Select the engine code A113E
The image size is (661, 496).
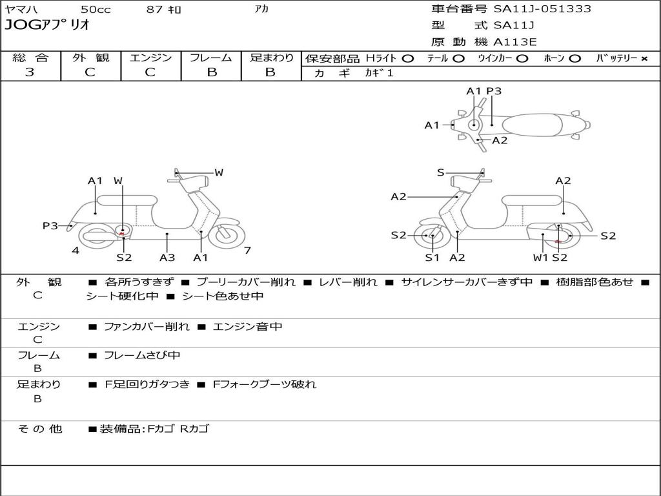coord(515,42)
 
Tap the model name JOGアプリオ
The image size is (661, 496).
coord(47,25)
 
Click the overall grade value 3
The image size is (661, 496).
coord(30,72)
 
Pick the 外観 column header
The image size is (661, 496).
coord(90,57)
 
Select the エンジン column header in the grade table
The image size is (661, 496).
coord(150,57)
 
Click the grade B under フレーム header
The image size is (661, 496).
coord(211,72)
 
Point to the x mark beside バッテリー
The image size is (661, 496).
coord(644,58)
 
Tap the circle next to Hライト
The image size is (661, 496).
coord(407,58)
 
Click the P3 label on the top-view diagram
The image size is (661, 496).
coord(494,91)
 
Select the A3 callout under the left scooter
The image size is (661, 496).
coord(167,258)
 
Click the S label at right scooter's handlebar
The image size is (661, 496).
coord(440,172)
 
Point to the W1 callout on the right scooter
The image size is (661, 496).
coord(540,258)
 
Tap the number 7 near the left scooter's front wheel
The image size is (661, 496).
coord(247,251)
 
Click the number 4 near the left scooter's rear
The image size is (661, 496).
coord(76,251)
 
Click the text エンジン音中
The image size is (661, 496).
coord(247,327)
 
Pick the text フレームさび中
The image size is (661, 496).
coord(142,355)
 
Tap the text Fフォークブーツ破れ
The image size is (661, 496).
coord(264,384)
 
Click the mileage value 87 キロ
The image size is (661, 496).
coord(164,9)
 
